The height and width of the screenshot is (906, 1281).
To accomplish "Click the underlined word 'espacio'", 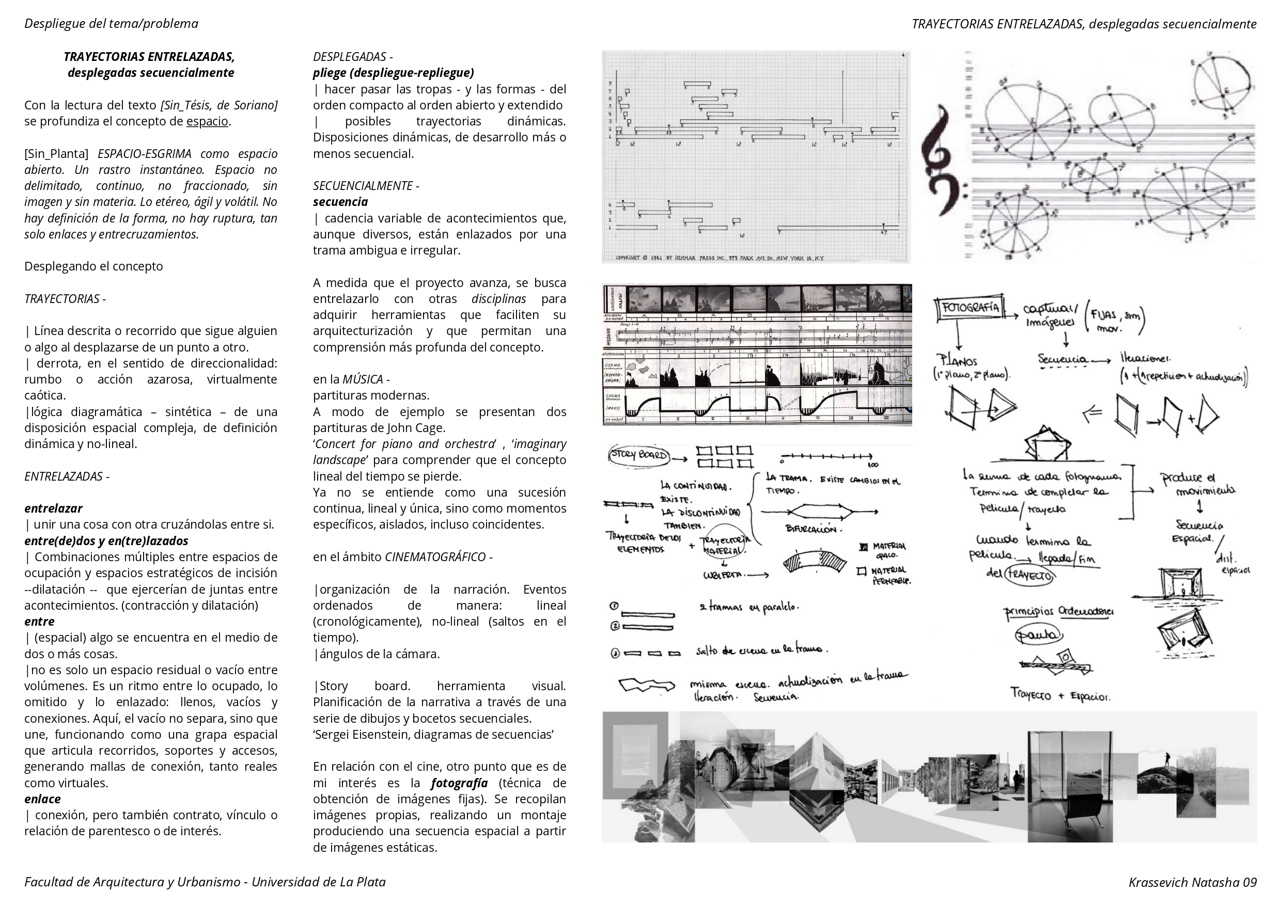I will (x=207, y=122).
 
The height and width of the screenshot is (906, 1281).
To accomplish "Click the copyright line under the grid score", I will (x=720, y=258).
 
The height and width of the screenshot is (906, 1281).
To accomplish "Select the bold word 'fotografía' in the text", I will (x=459, y=783).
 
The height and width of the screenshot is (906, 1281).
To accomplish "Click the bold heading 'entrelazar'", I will (x=53, y=508).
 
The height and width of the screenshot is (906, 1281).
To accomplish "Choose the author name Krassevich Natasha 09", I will (x=1192, y=882).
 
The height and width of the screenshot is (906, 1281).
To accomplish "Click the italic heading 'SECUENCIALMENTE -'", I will (x=366, y=186).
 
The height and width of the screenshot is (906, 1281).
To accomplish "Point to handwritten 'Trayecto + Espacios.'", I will (x=1060, y=694).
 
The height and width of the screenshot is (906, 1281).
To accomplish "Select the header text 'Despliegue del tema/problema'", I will (x=111, y=23).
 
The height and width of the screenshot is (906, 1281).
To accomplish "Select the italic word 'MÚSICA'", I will (x=362, y=379).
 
